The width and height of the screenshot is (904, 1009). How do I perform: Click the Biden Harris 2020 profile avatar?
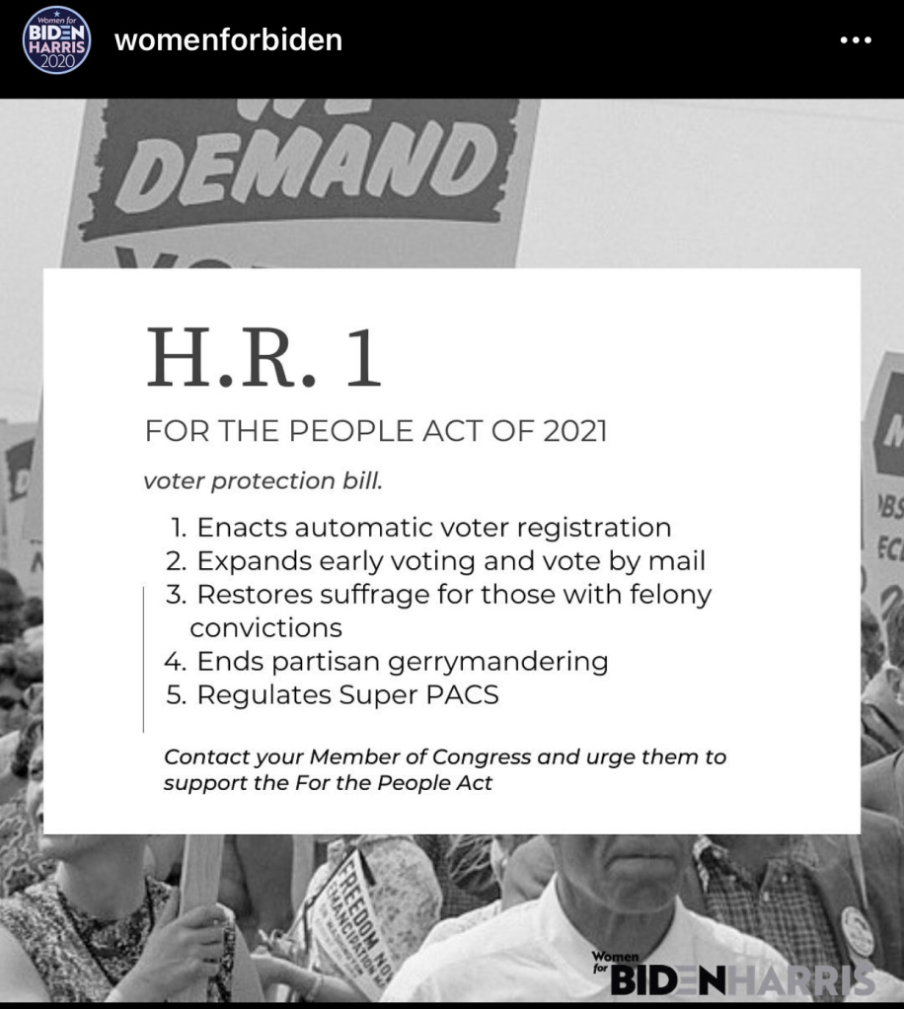(x=56, y=41)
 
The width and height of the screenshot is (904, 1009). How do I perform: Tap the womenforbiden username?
(x=229, y=40)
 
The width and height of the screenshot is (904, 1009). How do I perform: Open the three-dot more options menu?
(x=855, y=41)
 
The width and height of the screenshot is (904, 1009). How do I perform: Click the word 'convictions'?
(x=266, y=627)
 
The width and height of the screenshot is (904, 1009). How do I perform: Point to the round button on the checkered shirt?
(x=857, y=926)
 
